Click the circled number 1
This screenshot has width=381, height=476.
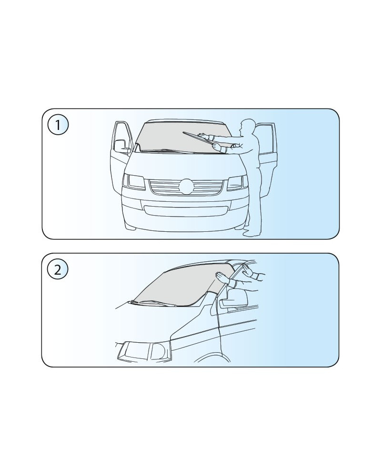[x=58, y=125]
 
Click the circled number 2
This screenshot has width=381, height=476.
[x=58, y=269]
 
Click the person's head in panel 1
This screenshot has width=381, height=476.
[x=246, y=126]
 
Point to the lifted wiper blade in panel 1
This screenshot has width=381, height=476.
[x=199, y=138]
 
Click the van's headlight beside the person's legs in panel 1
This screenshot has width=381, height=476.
[x=237, y=183]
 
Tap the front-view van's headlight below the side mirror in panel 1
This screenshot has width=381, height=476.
[x=134, y=182]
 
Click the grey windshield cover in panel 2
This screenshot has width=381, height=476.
[x=182, y=285]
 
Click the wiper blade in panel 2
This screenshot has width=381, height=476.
[x=154, y=303]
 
